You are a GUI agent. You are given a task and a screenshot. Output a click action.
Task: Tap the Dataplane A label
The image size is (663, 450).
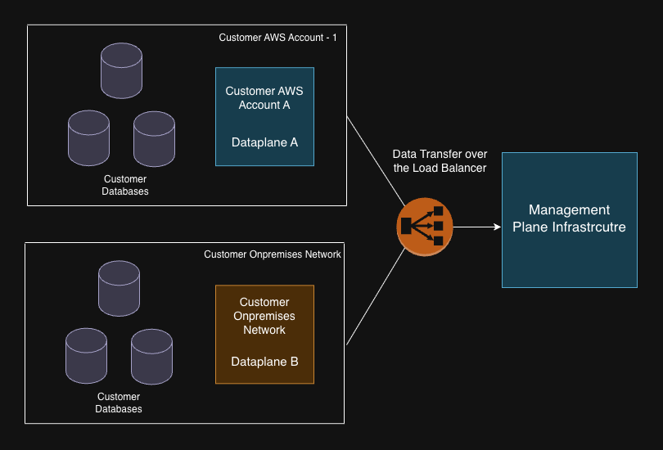(264, 142)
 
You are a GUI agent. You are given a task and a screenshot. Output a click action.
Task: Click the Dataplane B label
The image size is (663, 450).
(264, 361)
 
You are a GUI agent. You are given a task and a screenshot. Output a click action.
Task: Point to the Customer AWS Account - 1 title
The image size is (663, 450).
(277, 38)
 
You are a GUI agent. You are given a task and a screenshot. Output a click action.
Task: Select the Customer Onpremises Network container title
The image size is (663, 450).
(272, 254)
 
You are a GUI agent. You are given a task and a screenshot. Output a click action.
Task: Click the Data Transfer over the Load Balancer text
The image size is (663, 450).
(440, 161)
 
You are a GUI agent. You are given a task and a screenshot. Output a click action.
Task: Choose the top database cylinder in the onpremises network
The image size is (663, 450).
(119, 288)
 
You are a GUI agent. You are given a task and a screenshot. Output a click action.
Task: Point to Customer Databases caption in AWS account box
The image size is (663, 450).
(125, 185)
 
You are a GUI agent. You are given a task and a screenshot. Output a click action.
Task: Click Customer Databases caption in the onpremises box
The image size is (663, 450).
(119, 403)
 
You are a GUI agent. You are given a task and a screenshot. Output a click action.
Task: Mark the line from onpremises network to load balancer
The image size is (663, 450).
(375, 297)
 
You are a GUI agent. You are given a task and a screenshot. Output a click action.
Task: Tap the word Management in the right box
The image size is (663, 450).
(569, 210)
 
